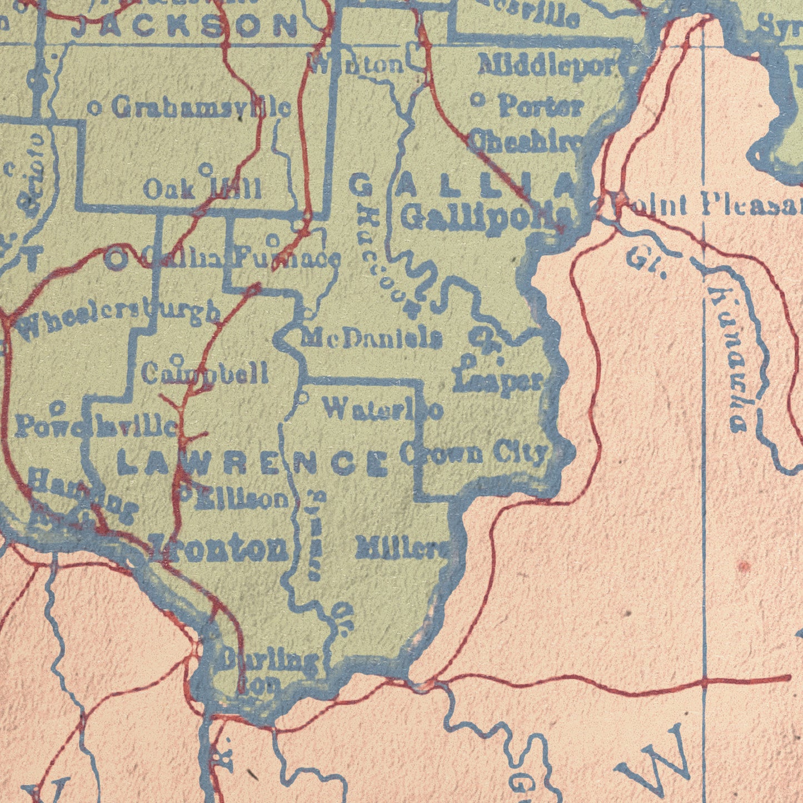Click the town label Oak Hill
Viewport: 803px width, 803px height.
tap(202, 189)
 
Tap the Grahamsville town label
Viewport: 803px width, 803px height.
tap(201, 107)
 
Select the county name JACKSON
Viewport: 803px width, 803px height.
tap(185, 27)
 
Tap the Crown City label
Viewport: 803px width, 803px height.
tap(473, 454)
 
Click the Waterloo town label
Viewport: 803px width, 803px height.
tap(383, 410)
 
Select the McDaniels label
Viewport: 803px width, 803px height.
tap(372, 338)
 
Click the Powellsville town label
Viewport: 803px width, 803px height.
tap(96, 427)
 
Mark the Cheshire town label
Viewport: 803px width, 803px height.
tap(526, 141)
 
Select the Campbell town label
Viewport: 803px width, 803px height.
tap(205, 373)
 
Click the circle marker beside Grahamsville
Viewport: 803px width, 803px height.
tap(95, 109)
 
